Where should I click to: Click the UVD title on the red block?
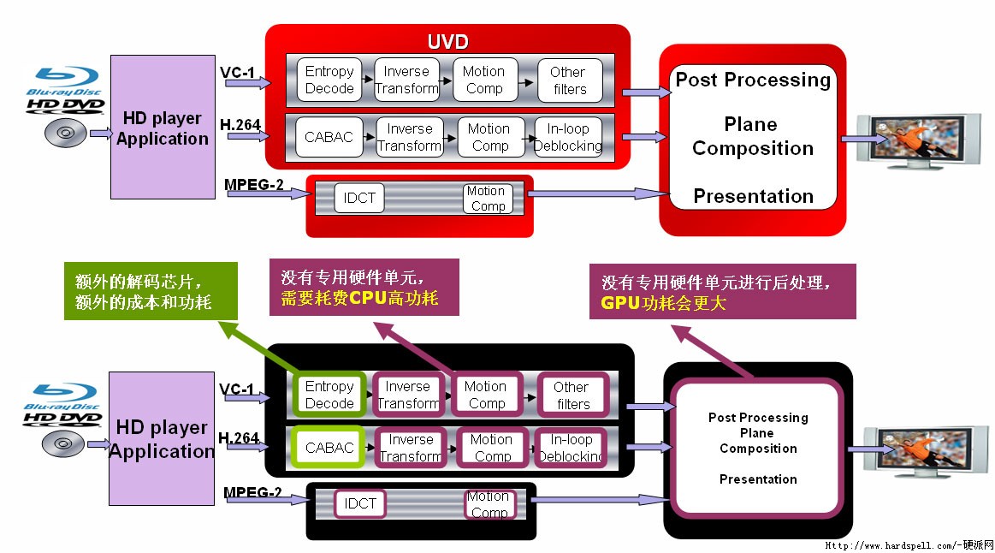(x=447, y=42)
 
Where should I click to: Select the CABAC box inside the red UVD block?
(x=329, y=137)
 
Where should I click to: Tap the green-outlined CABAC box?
(x=329, y=447)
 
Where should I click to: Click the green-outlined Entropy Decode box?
(x=329, y=395)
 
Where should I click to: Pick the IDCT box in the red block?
(x=359, y=199)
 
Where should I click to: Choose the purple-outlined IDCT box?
(x=360, y=503)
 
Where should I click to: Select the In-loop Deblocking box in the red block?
(x=567, y=137)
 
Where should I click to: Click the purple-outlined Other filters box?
(x=572, y=395)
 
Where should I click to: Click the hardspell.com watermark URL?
(x=908, y=544)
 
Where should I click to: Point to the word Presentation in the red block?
(x=753, y=196)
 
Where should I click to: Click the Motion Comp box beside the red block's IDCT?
(x=487, y=199)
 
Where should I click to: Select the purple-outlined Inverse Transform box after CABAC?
(x=410, y=447)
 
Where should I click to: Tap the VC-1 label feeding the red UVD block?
(x=237, y=73)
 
